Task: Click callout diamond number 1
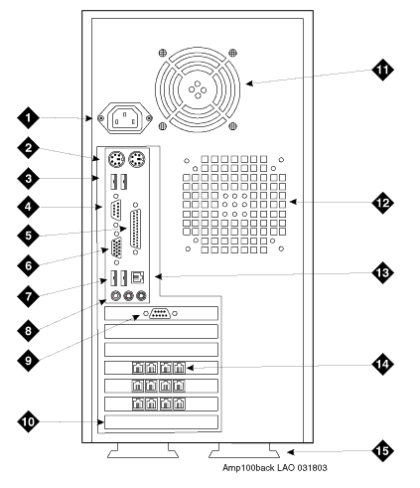[x=28, y=117]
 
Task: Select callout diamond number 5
[x=28, y=236]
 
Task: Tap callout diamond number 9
[x=28, y=360]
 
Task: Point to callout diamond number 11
[x=382, y=70]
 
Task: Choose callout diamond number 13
[x=382, y=272]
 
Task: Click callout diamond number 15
[x=382, y=450]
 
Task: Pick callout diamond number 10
[x=28, y=421]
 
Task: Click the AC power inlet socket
[x=124, y=118]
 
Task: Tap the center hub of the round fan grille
[x=198, y=89]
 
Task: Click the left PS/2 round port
[x=116, y=160]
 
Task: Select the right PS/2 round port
[x=136, y=160]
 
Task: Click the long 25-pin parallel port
[x=136, y=229]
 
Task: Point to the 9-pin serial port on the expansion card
[x=161, y=313]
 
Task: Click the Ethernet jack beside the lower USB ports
[x=138, y=277]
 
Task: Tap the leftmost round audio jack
[x=116, y=295]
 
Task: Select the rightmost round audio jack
[x=141, y=295]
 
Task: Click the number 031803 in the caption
[x=312, y=468]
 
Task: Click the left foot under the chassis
[x=143, y=451]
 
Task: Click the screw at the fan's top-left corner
[x=163, y=53]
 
